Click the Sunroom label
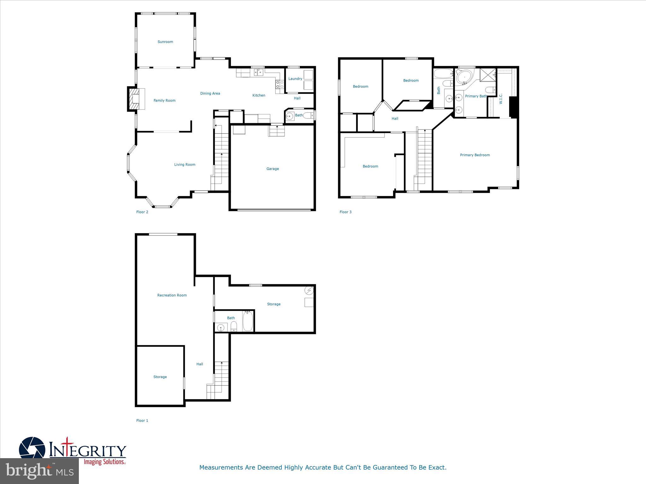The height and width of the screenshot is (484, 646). pos(165,42)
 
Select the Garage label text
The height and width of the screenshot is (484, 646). pos(273,169)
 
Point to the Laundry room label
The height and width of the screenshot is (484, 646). pos(295,79)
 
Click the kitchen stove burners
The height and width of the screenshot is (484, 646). pos(279,84)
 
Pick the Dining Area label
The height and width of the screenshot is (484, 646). pos(210,94)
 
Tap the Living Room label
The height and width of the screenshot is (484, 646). pos(185,164)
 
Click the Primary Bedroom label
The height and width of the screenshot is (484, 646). pos(475,155)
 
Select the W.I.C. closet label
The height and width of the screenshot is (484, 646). pos(501,99)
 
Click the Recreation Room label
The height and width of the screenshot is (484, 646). pos(172,295)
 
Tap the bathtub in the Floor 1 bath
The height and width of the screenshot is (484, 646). pos(248,321)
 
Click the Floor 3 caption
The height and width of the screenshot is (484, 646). pos(345,212)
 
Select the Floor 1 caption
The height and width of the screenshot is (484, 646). pos(142,421)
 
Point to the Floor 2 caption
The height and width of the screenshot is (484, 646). pos(142,212)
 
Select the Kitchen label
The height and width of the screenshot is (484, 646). pos(259,95)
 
